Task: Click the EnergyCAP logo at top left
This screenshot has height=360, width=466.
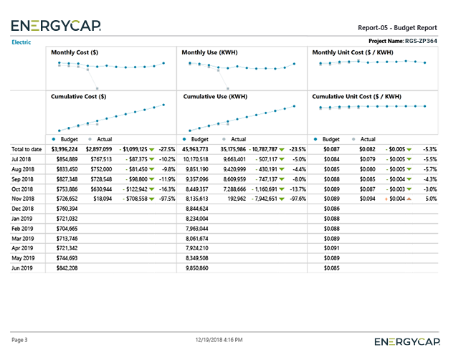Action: coord(56,27)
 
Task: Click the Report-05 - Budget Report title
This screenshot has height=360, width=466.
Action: coord(397,28)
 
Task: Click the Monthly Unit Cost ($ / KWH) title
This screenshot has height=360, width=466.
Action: coord(353,52)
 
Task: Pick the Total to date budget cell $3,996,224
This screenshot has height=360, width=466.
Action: coord(62,148)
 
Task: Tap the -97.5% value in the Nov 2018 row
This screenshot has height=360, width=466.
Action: coord(166,198)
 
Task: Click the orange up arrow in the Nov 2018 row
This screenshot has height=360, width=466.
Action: coord(409,198)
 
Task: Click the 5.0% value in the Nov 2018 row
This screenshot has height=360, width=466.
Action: coord(430,198)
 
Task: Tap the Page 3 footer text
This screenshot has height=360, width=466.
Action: coord(19,339)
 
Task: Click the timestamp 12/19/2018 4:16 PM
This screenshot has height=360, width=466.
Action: coord(219,339)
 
